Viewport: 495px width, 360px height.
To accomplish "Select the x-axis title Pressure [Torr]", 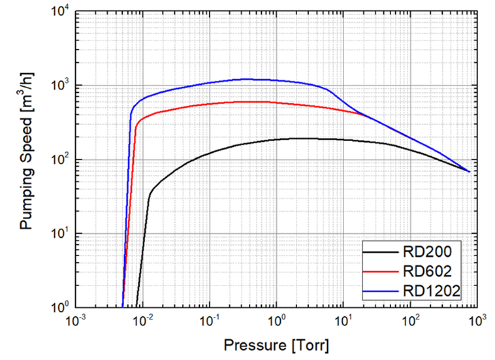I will tap(277, 344).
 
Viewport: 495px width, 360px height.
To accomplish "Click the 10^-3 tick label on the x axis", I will tap(76, 321).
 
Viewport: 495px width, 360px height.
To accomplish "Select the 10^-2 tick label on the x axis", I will tap(143, 321).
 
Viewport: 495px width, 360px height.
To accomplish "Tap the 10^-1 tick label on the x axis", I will tap(210, 321).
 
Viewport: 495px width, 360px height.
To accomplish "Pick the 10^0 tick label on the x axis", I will tap(277, 321).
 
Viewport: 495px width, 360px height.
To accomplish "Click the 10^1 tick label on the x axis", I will tap(343, 321).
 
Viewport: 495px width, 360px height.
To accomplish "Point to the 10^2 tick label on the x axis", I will tap(411, 321).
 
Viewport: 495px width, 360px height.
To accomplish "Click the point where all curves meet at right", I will tap(469, 171).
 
